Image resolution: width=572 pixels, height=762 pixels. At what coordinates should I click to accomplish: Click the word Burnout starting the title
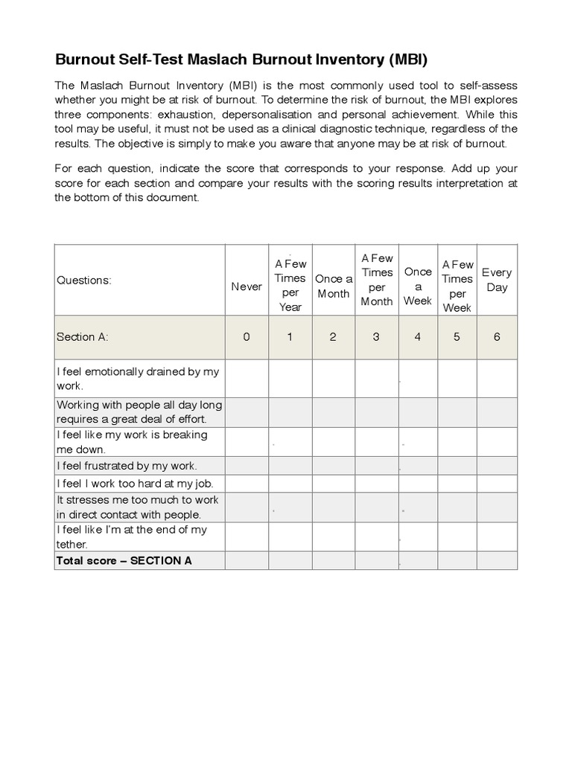[x=85, y=59]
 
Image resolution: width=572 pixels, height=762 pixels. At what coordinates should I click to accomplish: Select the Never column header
[x=247, y=286]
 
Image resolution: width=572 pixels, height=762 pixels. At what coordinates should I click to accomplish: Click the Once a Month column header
[x=334, y=286]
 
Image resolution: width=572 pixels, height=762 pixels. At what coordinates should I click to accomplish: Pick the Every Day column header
[x=497, y=280]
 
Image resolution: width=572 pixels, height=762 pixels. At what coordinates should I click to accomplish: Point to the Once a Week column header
[x=418, y=286]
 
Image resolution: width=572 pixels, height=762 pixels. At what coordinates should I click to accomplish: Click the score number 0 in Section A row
[x=247, y=336]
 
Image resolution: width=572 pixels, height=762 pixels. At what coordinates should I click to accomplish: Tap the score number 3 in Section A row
[x=376, y=336]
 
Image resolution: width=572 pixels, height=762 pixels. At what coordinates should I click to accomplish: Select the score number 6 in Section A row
[x=497, y=336]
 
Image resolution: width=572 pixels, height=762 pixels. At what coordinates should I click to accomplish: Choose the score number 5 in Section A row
[x=457, y=336]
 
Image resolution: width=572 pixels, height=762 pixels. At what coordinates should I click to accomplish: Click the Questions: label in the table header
[x=84, y=281]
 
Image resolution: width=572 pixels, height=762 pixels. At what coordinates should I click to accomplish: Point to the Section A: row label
[x=83, y=336]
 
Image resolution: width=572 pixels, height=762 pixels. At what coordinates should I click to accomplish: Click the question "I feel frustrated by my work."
[x=127, y=466]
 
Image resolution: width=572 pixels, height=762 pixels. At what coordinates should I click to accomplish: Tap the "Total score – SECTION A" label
[x=124, y=560]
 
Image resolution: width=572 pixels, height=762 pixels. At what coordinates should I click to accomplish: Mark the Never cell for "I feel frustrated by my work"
[x=247, y=466]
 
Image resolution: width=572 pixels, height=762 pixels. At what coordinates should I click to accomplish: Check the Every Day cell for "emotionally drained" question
[x=497, y=379]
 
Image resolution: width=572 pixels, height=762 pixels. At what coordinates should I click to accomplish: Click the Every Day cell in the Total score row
[x=497, y=560]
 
